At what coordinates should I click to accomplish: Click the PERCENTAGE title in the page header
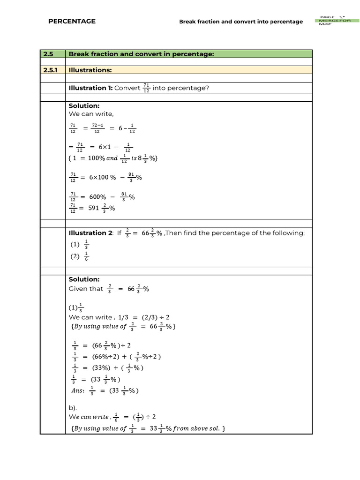[72, 21]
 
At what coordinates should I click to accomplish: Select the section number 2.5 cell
[49, 54]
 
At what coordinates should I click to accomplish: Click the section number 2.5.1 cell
[52, 70]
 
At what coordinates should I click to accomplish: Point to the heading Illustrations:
[90, 70]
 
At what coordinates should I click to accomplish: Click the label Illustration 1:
[90, 88]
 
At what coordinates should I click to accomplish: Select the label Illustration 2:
[91, 233]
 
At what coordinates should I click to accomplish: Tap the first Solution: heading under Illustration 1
[84, 106]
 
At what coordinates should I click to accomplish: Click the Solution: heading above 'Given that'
[84, 279]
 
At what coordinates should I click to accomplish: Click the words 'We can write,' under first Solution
[91, 114]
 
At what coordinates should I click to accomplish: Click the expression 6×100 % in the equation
[100, 177]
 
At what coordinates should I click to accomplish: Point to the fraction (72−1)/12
[97, 128]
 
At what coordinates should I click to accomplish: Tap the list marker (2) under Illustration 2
[75, 256]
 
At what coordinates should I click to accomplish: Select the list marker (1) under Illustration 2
[75, 244]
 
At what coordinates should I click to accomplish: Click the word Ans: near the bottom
[76, 390]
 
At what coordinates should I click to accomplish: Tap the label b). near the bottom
[74, 408]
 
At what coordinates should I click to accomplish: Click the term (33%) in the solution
[97, 368]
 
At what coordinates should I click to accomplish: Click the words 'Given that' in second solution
[86, 289]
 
